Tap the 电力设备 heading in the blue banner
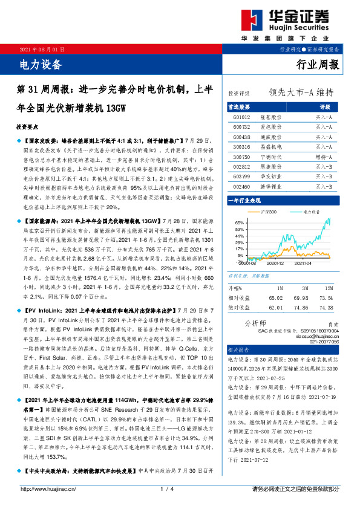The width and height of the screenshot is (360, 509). [x=41, y=63]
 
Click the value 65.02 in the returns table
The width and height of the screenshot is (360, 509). [x=277, y=298]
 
